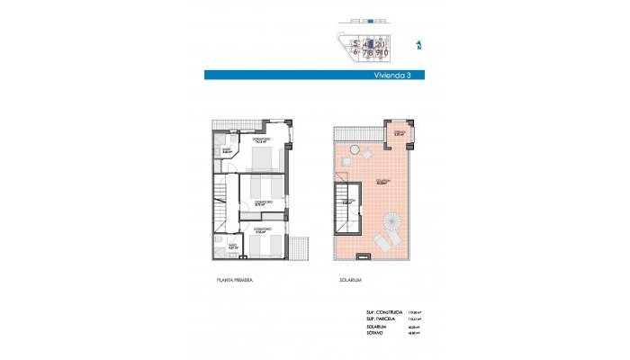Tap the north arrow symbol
coord(419,45)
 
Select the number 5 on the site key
coord(356,43)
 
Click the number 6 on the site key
coord(356,52)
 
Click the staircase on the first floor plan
coord(221,202)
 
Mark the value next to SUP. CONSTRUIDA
coord(415,313)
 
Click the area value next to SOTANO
coord(415,333)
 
